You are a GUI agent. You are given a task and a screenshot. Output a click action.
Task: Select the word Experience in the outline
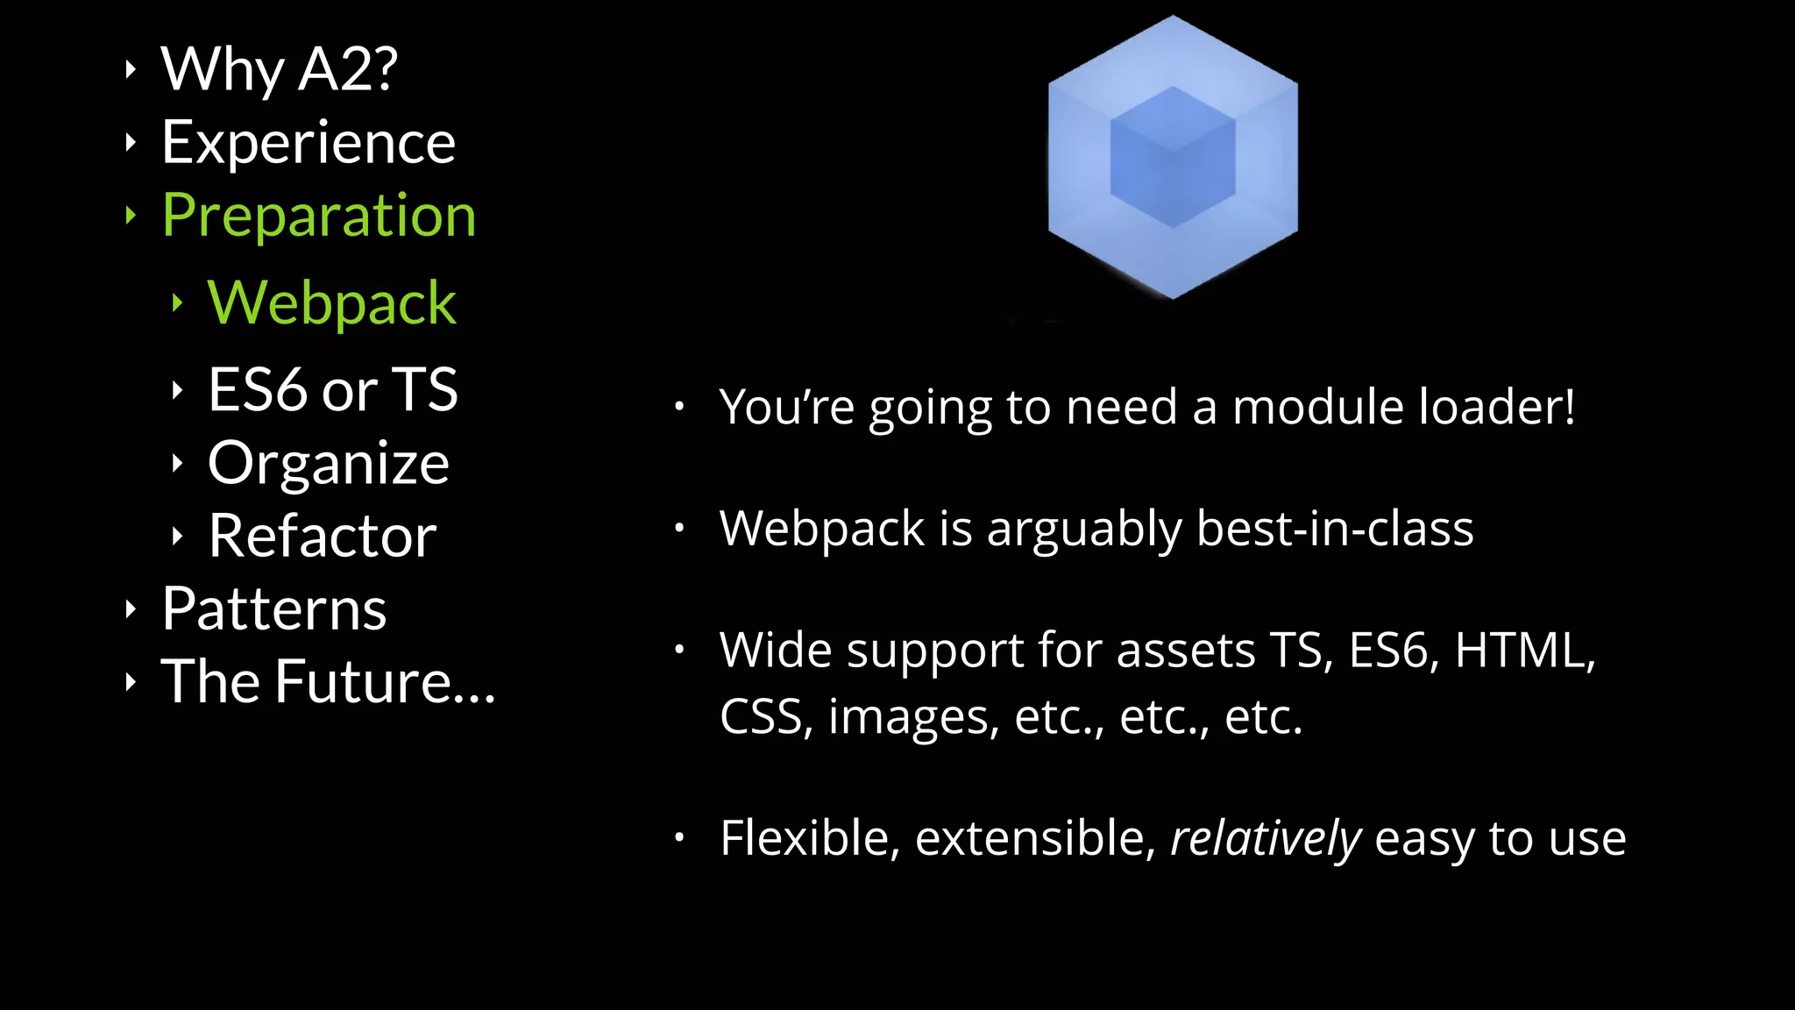309,142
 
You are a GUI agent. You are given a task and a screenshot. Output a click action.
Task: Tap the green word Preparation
319,215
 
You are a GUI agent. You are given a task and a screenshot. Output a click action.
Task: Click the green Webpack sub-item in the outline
331,302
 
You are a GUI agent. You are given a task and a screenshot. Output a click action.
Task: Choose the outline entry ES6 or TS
332,389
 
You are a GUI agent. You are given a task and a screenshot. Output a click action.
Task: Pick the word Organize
329,463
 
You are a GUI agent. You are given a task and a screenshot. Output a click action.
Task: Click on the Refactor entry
322,536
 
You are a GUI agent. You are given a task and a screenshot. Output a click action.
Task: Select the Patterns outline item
273,608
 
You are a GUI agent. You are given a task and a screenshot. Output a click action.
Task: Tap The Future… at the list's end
328,681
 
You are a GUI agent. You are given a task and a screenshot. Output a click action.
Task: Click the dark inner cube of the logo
1173,158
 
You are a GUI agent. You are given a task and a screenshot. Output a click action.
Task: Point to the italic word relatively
1266,838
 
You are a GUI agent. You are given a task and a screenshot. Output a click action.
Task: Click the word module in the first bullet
1319,407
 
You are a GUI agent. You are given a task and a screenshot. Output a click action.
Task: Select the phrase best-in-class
1335,529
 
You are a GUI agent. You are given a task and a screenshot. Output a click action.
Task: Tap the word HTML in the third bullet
1524,651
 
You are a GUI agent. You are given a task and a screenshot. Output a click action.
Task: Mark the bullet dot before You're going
679,406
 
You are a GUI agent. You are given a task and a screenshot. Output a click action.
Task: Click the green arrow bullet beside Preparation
131,215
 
